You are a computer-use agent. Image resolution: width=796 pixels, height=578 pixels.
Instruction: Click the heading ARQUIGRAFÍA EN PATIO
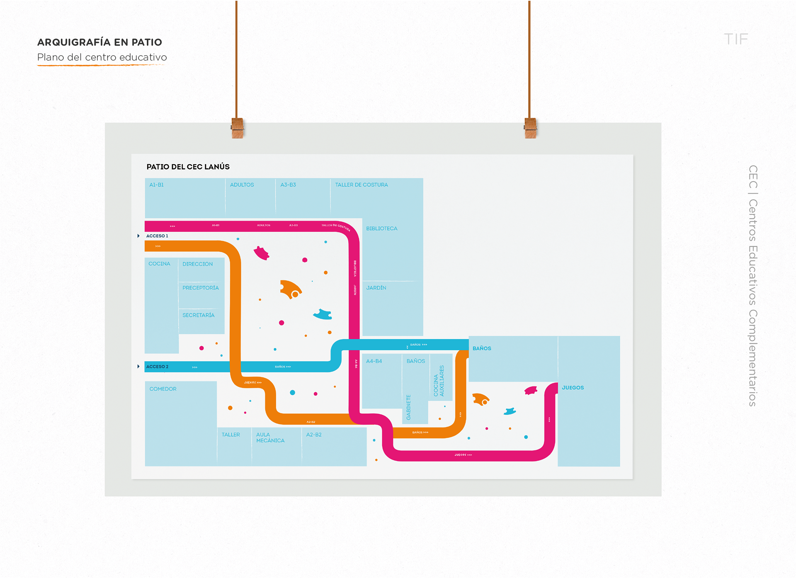tap(99, 42)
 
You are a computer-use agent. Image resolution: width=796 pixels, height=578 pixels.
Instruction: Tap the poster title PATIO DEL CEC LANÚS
tap(188, 167)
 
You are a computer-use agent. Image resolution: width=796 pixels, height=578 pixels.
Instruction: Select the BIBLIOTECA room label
tap(381, 228)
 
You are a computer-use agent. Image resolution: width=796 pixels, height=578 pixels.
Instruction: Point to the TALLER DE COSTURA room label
tap(361, 185)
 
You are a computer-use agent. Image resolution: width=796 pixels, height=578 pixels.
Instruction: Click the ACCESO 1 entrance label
tap(157, 236)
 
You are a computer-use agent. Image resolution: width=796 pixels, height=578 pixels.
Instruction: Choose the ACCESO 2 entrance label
tap(157, 367)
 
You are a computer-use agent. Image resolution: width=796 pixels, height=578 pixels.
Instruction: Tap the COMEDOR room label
tap(163, 389)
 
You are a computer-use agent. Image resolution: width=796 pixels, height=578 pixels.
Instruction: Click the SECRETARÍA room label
tap(198, 315)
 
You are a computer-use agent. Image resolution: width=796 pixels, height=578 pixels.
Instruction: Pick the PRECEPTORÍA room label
tap(200, 288)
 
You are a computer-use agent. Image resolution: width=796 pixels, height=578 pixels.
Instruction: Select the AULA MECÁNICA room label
tap(270, 437)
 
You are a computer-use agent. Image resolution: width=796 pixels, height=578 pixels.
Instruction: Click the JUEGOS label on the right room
tap(573, 388)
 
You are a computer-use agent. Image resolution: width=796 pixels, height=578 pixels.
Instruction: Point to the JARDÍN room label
tap(376, 288)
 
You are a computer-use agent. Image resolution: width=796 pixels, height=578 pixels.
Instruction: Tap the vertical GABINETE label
tap(408, 407)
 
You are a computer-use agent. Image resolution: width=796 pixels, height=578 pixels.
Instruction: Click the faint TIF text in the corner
tap(736, 39)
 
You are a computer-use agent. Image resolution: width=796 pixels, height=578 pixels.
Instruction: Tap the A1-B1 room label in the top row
tap(156, 185)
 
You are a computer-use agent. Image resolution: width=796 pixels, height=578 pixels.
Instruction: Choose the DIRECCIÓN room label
tap(197, 264)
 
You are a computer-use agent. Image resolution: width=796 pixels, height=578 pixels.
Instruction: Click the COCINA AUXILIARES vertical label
tap(439, 381)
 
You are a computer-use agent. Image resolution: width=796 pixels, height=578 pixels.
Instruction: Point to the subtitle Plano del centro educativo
tap(102, 57)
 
